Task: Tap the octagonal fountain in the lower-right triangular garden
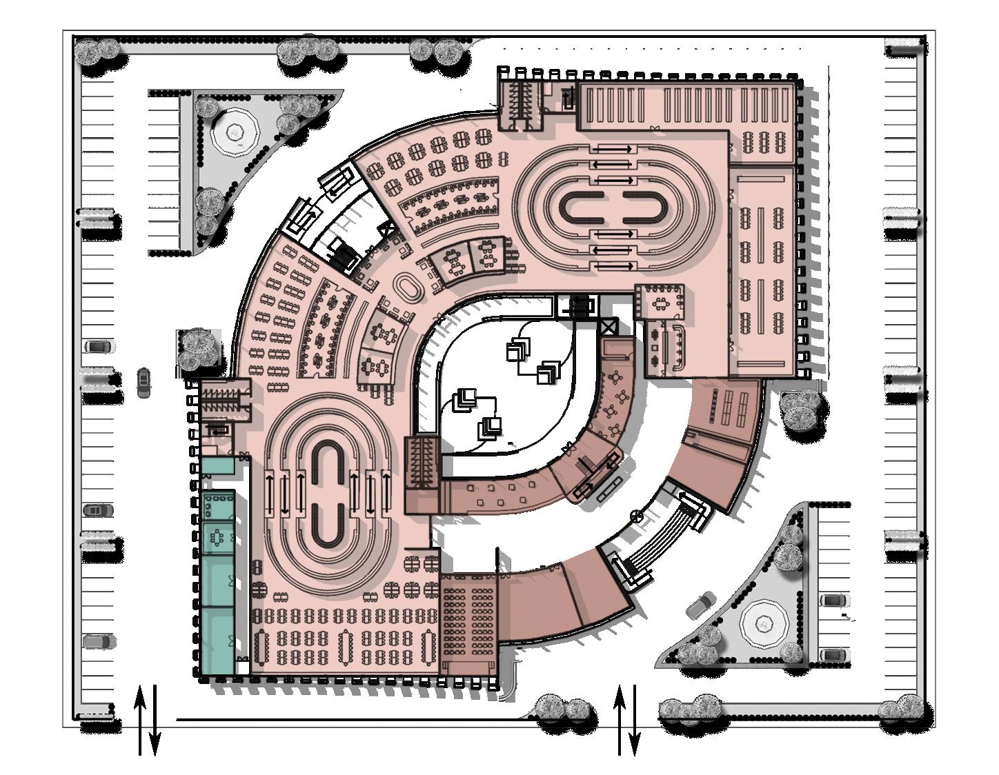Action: pyautogui.click(x=764, y=624)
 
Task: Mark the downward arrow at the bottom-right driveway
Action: pyautogui.click(x=635, y=721)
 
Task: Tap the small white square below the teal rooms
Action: pyautogui.click(x=242, y=667)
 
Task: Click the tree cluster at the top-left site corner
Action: pyautogui.click(x=97, y=52)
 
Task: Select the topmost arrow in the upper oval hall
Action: pyautogui.click(x=613, y=149)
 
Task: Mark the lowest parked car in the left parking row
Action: pyautogui.click(x=95, y=642)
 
